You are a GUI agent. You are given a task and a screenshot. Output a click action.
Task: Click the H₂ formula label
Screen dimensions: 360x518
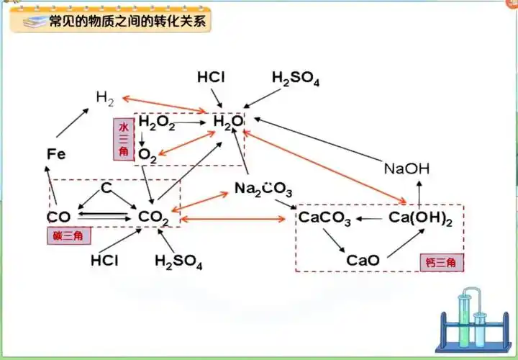click(x=106, y=96)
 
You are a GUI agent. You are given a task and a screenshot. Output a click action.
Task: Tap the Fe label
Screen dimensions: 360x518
click(x=56, y=153)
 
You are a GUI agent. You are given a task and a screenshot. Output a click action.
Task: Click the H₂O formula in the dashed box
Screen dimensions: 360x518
click(x=228, y=122)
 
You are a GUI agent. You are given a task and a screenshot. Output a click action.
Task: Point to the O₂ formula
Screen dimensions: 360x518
click(x=147, y=154)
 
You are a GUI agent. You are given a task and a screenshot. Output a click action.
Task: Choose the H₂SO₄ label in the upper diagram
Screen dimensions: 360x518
click(x=295, y=78)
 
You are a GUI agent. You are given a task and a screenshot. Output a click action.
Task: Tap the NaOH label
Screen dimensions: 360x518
click(x=406, y=169)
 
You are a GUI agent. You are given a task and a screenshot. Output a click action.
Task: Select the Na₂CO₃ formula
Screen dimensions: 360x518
click(x=263, y=189)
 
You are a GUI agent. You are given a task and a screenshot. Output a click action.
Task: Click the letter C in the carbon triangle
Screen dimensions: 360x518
click(x=106, y=188)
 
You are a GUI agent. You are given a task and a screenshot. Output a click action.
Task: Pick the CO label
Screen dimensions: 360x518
click(x=59, y=217)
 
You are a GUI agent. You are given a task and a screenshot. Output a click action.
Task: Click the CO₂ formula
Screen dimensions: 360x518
click(x=153, y=217)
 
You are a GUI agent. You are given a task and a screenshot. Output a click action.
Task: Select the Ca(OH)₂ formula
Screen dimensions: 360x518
click(x=420, y=217)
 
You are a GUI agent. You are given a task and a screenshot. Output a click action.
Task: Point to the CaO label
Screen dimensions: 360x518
click(x=363, y=260)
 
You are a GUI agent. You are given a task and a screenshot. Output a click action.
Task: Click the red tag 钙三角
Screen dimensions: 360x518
click(x=438, y=263)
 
